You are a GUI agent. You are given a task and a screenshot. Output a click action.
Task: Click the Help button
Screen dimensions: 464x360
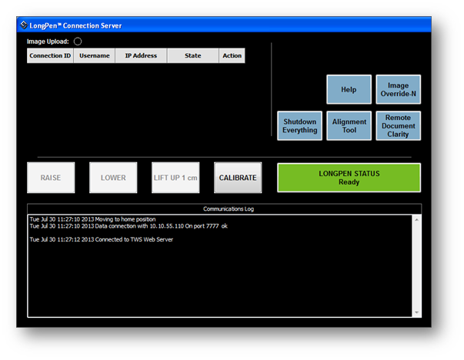click(349, 89)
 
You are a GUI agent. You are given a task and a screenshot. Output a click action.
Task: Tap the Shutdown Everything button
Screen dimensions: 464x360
click(300, 125)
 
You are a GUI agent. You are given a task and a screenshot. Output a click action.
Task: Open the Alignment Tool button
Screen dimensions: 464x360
click(349, 125)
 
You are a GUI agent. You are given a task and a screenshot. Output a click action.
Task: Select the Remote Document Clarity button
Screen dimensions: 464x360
click(399, 125)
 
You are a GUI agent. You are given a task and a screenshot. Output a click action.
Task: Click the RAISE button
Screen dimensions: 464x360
click(51, 178)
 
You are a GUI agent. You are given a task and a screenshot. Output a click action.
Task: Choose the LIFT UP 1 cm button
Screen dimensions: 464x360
click(175, 178)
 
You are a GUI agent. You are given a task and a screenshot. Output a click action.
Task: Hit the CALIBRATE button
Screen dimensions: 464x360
click(238, 178)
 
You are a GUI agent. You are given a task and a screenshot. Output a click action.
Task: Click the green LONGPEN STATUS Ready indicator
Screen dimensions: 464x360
click(349, 178)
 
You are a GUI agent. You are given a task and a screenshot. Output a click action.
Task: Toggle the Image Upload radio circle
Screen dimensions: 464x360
click(78, 42)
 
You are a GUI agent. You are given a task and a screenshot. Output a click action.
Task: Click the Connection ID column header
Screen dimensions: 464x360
click(50, 55)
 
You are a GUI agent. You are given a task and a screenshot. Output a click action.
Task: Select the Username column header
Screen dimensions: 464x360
click(95, 55)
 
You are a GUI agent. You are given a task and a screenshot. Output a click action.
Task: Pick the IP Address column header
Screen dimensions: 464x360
click(141, 55)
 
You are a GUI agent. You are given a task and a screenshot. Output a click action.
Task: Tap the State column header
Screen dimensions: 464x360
click(193, 55)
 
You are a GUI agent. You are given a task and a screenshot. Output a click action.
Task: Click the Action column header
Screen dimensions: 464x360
click(232, 55)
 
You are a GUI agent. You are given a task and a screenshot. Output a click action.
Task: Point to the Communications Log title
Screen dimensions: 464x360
click(229, 208)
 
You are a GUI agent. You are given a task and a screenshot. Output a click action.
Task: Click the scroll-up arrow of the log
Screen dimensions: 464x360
click(416, 219)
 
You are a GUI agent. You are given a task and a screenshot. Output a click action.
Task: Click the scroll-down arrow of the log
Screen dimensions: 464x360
click(416, 312)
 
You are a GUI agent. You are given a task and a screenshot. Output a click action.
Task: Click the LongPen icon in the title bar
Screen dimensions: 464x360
click(24, 25)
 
